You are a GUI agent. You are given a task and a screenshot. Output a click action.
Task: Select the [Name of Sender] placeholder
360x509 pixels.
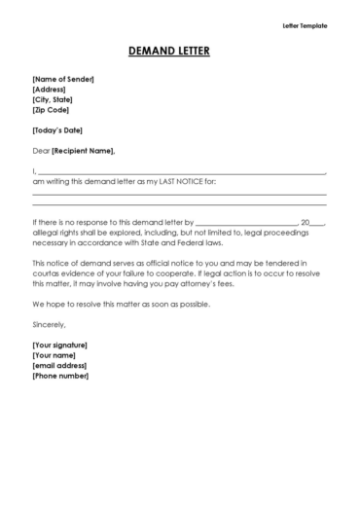click(x=63, y=79)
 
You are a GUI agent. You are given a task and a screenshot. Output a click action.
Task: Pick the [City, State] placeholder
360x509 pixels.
click(x=53, y=99)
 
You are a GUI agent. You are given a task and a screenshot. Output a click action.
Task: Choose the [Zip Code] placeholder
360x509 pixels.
click(x=50, y=110)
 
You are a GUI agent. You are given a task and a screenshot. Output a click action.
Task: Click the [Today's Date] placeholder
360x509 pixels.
click(x=56, y=130)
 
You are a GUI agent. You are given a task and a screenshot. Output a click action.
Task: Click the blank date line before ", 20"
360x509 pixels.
click(x=246, y=223)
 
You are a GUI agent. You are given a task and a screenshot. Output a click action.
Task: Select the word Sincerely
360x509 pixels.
click(x=50, y=324)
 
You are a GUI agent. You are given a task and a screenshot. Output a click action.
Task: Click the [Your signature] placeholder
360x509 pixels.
click(x=59, y=345)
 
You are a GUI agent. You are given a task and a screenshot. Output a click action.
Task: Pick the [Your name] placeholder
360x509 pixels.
click(x=54, y=355)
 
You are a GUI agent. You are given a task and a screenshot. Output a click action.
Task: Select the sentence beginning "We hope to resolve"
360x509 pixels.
click(x=121, y=304)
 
